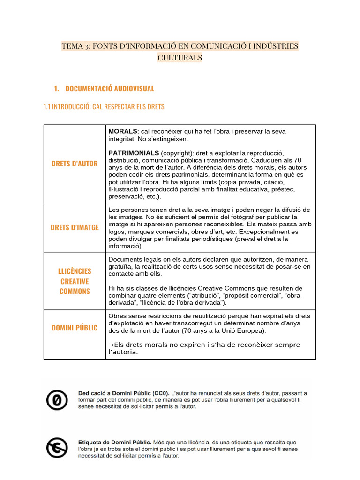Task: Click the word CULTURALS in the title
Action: pos(180,58)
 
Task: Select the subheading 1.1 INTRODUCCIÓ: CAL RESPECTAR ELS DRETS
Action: pos(104,107)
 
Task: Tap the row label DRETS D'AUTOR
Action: pos(75,164)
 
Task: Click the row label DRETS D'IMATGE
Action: pos(75,227)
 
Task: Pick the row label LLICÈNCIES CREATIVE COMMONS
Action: pos(75,281)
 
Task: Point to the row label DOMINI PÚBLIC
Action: pos(75,328)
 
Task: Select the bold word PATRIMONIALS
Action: pos(134,153)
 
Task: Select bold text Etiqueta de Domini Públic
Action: pos(114,442)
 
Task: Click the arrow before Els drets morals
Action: pos(111,345)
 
